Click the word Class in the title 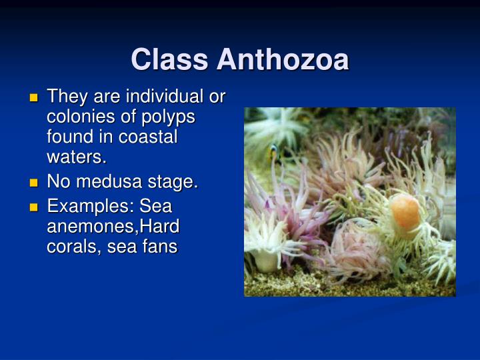pos(170,59)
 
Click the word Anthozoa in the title pos(282,59)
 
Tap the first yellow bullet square pos(34,98)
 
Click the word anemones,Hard pos(113,227)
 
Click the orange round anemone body pos(405,211)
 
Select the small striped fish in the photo pos(274,153)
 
